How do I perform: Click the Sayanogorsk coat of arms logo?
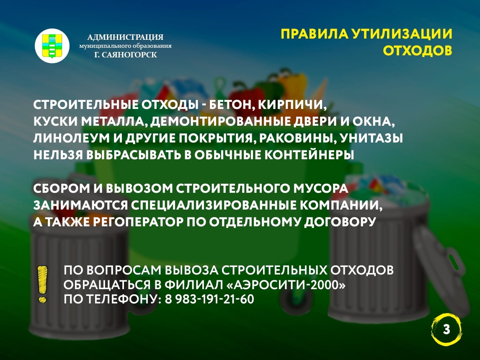[52, 46]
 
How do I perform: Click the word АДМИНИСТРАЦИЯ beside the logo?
[125, 37]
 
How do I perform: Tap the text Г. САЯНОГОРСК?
[126, 55]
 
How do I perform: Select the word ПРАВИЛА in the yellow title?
[315, 34]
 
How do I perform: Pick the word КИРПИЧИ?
[292, 105]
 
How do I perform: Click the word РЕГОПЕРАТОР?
[138, 222]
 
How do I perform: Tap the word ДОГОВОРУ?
[340, 222]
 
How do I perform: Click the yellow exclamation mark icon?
[42, 284]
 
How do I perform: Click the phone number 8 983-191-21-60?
[209, 299]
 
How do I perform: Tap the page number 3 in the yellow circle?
[446, 330]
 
